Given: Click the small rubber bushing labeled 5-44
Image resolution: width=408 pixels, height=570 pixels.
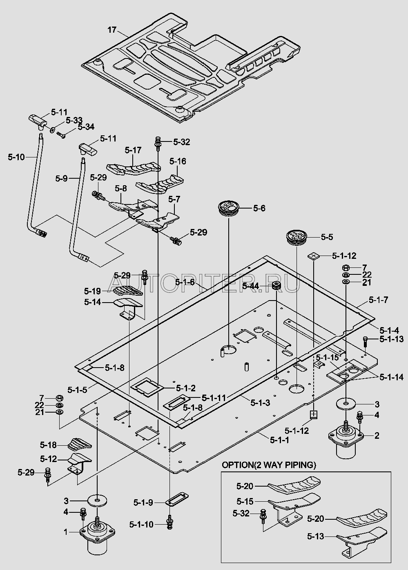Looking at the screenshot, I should [x=276, y=286].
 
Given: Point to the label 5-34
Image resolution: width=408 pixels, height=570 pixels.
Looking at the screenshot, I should [x=86, y=127].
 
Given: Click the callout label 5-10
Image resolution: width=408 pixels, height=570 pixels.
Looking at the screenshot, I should [x=16, y=157].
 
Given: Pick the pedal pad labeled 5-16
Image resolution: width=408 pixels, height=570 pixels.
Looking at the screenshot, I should [x=160, y=182].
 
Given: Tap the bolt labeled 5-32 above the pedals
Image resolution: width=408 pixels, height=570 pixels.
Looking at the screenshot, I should [x=157, y=143].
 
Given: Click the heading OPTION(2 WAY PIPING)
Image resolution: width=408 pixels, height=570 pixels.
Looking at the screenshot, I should [x=269, y=465].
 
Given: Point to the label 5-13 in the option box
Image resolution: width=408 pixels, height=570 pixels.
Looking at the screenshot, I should [x=315, y=536].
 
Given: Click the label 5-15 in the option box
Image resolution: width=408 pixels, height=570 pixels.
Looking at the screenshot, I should [x=245, y=501].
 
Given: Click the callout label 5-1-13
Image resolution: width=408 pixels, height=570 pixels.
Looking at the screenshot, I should [x=391, y=339].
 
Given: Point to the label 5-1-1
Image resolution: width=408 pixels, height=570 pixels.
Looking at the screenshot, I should [x=279, y=440].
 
